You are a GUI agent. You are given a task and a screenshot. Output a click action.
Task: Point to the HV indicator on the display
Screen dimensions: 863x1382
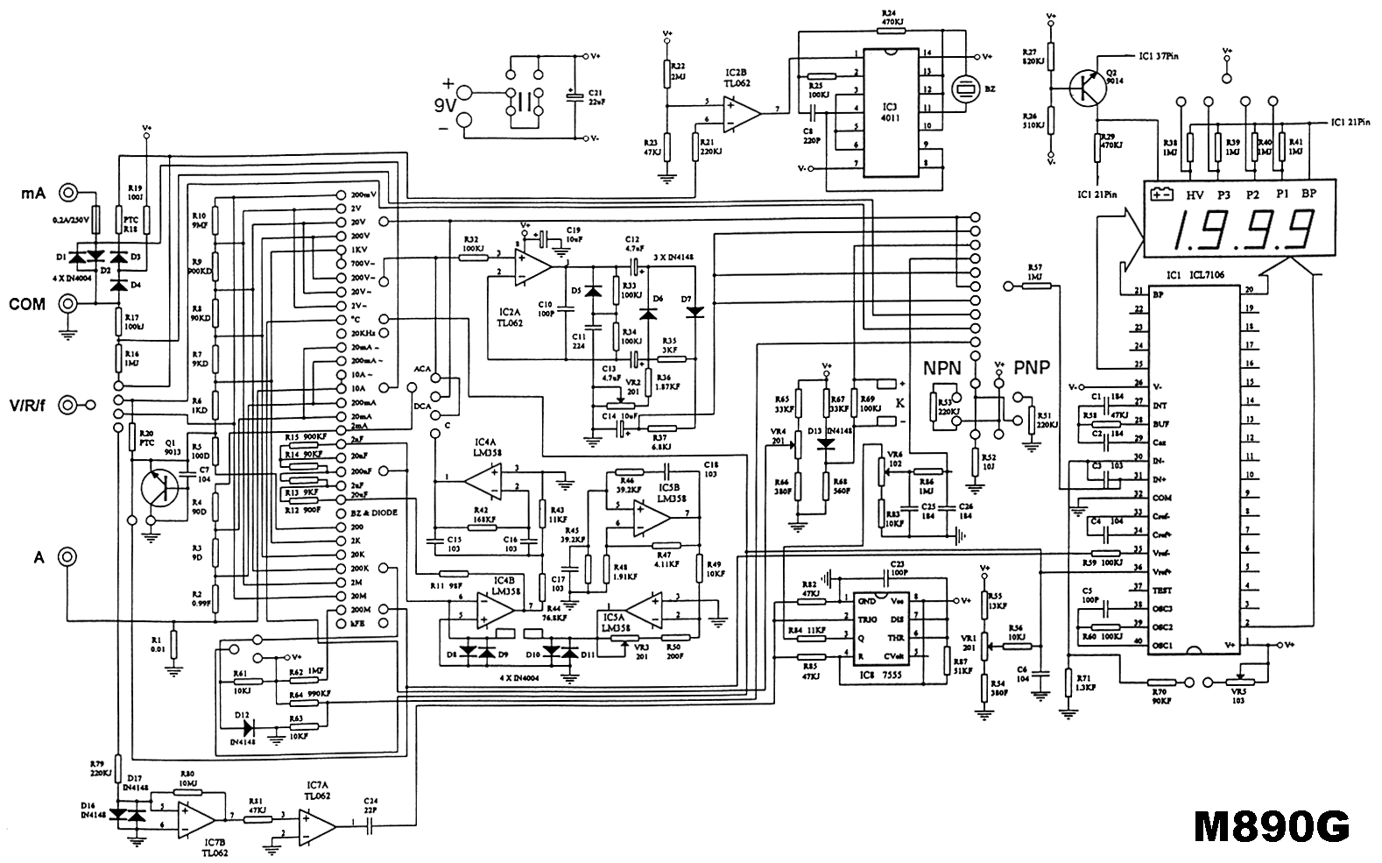pos(1194,195)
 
